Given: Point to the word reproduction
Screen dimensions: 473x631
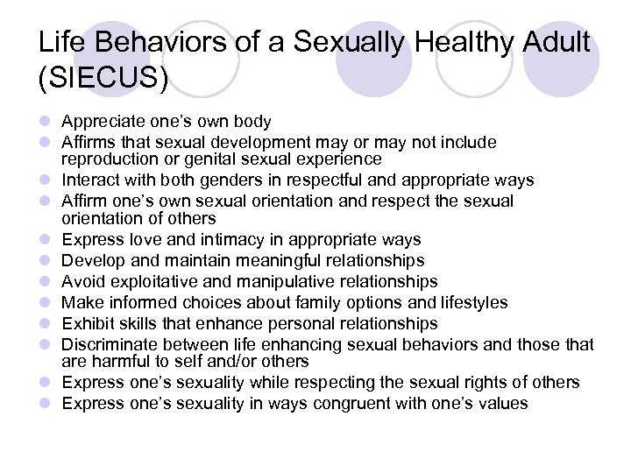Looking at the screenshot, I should pyautogui.click(x=108, y=159).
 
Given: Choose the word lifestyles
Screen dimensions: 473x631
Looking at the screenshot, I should pyautogui.click(x=465, y=302).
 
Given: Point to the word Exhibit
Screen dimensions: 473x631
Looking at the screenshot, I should pyautogui.click(x=87, y=323).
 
